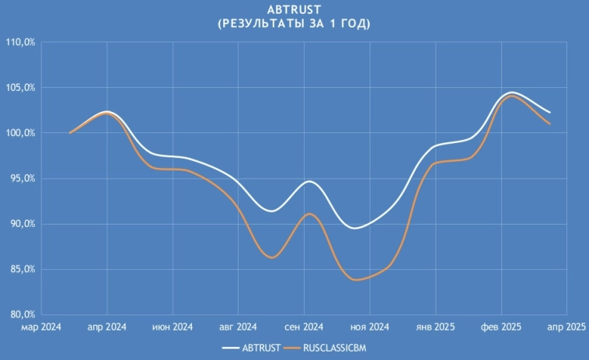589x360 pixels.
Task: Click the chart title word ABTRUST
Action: (294, 10)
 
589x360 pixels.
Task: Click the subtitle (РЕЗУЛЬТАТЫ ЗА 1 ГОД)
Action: (294, 24)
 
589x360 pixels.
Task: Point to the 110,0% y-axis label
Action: (21, 42)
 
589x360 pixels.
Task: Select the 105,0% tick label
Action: (21, 88)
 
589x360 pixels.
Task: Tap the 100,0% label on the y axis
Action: (21, 133)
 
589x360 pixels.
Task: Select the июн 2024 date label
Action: (171, 327)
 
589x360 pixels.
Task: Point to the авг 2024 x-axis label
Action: (237, 327)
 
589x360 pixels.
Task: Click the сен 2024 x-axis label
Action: (303, 327)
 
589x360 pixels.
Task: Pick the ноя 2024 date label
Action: (369, 327)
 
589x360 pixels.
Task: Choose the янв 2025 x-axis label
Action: (435, 327)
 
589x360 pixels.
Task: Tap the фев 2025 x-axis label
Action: (501, 327)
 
